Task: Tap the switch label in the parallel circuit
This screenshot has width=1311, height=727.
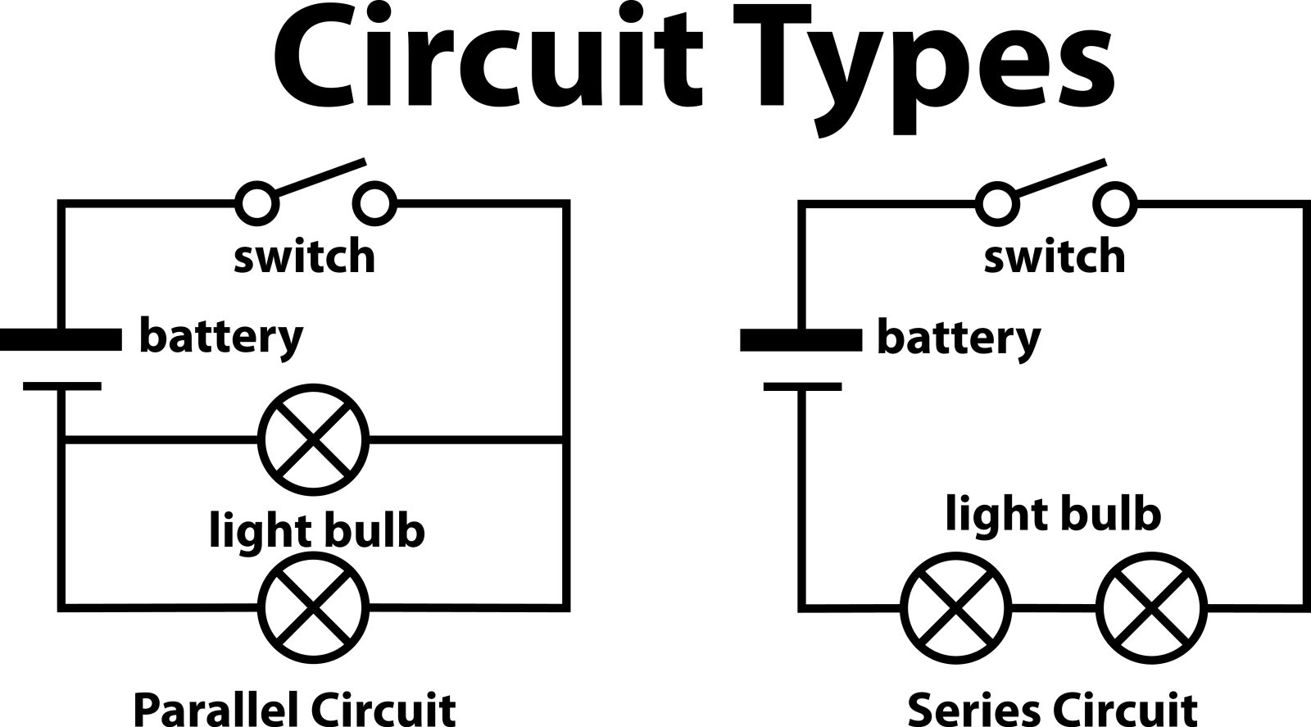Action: (x=304, y=257)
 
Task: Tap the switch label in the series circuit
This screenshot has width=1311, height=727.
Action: (x=1055, y=257)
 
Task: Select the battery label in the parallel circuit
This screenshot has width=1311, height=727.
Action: (x=221, y=337)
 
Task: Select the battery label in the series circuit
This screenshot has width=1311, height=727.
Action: (x=959, y=337)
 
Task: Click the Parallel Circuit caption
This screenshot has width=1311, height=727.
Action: (x=294, y=707)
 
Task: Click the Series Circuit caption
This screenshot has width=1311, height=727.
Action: (x=1052, y=707)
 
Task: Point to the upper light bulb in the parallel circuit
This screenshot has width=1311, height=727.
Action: (x=314, y=443)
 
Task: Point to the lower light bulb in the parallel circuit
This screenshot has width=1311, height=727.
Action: (x=314, y=607)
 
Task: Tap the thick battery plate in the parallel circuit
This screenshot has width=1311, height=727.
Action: (x=61, y=339)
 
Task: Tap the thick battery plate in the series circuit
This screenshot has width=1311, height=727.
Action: (x=801, y=339)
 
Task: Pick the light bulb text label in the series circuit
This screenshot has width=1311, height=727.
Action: (x=1053, y=515)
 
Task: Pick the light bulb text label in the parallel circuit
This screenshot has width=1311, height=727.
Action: (x=317, y=531)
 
